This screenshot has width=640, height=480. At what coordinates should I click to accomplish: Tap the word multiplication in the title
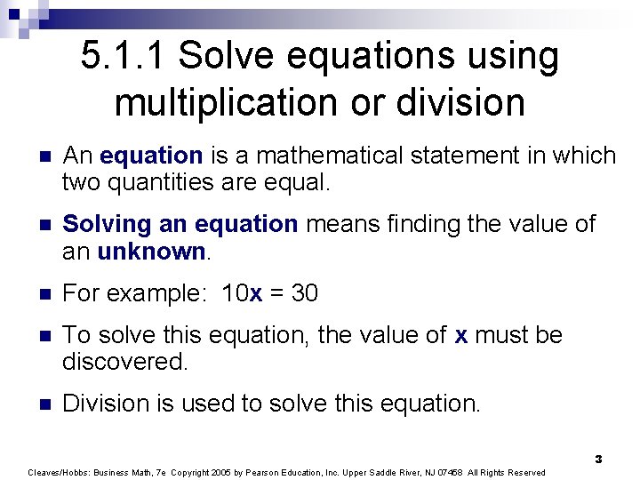pos(220,103)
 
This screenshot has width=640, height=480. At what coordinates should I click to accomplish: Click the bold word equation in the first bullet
pos(152,156)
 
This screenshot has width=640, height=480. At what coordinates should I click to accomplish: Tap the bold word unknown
pos(151,251)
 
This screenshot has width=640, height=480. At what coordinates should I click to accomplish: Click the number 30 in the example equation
pos(304,293)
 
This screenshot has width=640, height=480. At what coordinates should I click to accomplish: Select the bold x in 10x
pos(256,294)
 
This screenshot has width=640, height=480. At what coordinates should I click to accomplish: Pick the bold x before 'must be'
pos(460,335)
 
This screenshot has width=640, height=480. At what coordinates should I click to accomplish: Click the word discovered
pos(125,362)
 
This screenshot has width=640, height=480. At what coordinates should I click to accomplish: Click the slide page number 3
pos(598,459)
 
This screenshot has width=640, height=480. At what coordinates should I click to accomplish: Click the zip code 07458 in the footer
pos(442,472)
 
